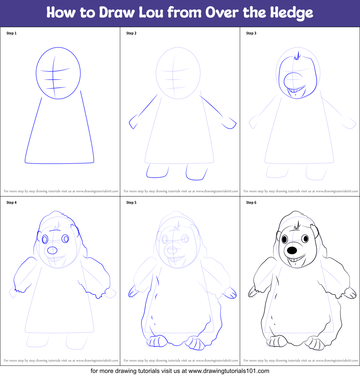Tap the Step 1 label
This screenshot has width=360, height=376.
coord(11,33)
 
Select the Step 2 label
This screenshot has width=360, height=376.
coord(131,33)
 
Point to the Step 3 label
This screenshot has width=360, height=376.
coord(251,33)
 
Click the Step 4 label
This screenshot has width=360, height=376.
coord(11,203)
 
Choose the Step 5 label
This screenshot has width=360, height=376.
coord(131,203)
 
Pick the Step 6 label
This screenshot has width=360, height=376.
coord(251,203)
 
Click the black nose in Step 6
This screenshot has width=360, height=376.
coord(292,251)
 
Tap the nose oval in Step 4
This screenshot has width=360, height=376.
coord(52,250)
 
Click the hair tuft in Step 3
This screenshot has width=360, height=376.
coord(298,56)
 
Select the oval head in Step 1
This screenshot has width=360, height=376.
coord(58,73)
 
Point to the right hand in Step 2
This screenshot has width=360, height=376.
coord(231,124)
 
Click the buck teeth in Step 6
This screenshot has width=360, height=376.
coord(294,261)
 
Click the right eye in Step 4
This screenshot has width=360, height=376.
coord(65,239)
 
